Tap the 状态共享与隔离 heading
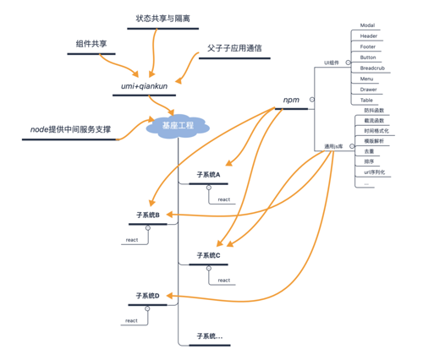(162, 19)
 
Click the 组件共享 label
(91, 43)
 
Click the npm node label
(292, 100)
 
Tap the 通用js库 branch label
(331, 146)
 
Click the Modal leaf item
(368, 26)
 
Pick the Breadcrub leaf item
(372, 68)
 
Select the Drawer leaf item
(369, 89)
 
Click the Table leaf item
(367, 100)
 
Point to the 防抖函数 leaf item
(373, 110)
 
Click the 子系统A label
(208, 175)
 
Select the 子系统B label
(148, 215)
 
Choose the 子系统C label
(208, 254)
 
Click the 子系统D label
(148, 296)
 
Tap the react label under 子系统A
(224, 199)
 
